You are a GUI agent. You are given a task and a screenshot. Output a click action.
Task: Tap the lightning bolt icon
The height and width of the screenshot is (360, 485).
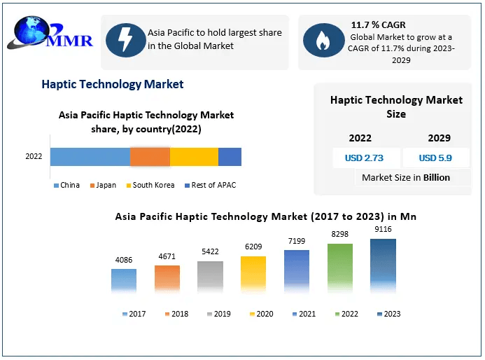point(124,40)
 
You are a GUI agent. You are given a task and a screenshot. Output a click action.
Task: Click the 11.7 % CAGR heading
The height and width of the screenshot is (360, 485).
point(378,25)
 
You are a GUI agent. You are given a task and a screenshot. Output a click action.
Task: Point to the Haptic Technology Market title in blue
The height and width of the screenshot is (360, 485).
point(113,84)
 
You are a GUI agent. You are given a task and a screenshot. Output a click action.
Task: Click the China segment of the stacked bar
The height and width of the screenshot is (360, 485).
point(90,157)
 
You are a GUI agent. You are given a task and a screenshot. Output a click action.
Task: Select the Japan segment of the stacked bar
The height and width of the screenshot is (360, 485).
point(150,157)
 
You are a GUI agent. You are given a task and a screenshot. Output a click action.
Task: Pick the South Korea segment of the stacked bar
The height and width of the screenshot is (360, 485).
point(194,157)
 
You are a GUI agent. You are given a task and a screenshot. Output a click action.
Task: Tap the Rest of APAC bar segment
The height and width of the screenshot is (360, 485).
point(230,157)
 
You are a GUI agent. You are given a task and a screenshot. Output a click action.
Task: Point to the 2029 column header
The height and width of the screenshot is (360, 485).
point(439,138)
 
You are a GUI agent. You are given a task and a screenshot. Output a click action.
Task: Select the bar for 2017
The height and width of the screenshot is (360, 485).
point(124,280)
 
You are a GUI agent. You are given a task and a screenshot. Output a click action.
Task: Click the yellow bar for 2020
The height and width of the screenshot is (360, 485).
point(253,274)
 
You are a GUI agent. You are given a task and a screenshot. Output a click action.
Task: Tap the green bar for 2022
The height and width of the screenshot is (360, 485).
point(340,268)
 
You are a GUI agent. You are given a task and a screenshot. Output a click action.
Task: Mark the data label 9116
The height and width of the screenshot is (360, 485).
point(383,229)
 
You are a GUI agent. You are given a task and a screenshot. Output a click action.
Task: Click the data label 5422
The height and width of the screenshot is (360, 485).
point(210,251)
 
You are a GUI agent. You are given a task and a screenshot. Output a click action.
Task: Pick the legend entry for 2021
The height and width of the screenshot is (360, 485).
point(303,314)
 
